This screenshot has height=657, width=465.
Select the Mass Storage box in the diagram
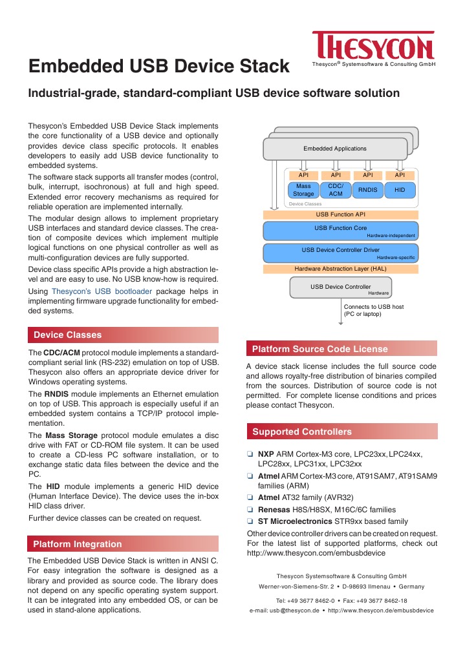tap(303, 189)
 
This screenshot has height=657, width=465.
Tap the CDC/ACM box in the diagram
tap(335, 189)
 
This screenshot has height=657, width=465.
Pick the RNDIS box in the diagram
tap(367, 190)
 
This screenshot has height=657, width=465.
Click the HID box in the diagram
tap(400, 190)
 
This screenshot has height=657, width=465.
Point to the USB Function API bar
tap(340, 214)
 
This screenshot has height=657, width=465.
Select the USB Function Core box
tap(340, 230)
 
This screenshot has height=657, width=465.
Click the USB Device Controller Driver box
tap(340, 252)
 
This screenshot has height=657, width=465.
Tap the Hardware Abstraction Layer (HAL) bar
tap(340, 268)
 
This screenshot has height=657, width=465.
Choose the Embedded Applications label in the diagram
tap(335, 149)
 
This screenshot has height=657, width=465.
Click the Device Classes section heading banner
tap(123, 335)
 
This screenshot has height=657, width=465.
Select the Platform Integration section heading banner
tap(123, 544)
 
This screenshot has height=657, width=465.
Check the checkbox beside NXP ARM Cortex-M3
tap(250, 455)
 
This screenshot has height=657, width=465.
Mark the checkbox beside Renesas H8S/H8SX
tap(250, 510)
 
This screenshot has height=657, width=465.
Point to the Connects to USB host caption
tap(373, 311)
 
